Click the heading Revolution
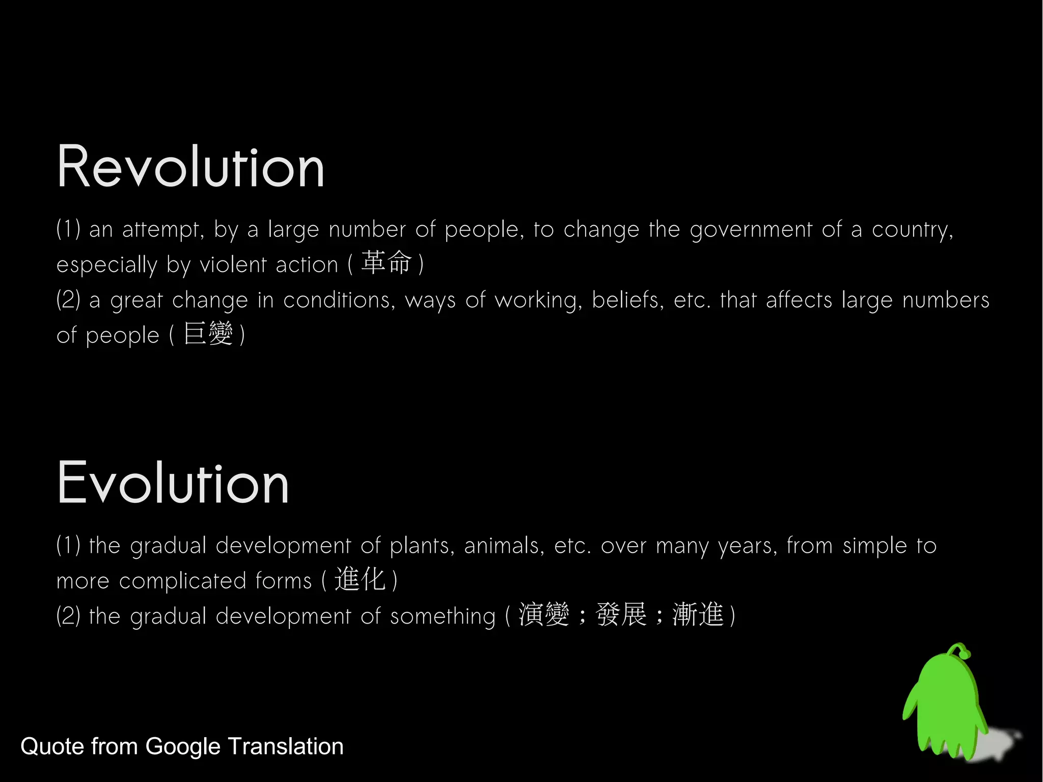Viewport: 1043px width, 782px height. tap(190, 167)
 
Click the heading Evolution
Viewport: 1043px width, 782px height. tap(173, 482)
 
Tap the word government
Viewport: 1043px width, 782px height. tap(751, 230)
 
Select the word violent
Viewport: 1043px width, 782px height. tap(233, 265)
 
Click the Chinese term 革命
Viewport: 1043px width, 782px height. tap(386, 263)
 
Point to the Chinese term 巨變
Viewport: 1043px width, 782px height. tap(208, 334)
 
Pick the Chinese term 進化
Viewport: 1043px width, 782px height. tap(360, 579)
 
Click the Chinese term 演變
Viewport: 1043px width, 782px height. tap(543, 614)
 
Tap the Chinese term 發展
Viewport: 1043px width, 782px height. tap(621, 614)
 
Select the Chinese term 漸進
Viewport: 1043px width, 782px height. tap(698, 614)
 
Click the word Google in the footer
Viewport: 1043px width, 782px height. tap(183, 747)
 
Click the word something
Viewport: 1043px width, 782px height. tap(443, 617)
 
